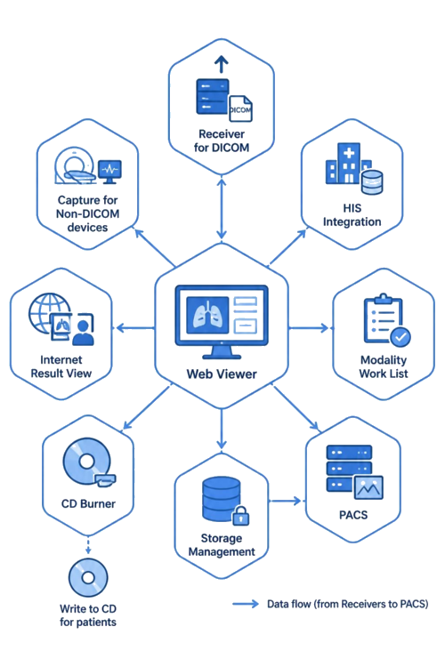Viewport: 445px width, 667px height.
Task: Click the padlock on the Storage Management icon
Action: (x=240, y=516)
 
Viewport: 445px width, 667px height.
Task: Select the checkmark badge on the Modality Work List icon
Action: (x=400, y=338)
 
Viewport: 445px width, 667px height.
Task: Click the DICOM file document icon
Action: (x=240, y=108)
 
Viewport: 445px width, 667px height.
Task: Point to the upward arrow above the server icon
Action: (x=221, y=64)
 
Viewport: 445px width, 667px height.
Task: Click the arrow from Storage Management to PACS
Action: (x=286, y=501)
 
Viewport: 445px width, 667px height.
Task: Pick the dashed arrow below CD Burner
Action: (x=88, y=545)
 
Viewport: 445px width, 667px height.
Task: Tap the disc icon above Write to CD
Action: (x=88, y=578)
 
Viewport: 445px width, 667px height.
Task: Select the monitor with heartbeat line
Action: (x=109, y=172)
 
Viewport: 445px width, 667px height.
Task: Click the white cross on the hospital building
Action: (x=349, y=153)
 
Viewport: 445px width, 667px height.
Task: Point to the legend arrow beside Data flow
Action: (x=246, y=604)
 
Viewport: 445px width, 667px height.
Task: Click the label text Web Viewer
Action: (x=222, y=374)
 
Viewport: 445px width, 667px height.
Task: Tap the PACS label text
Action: (x=353, y=515)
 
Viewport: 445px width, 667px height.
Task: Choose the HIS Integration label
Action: (x=352, y=215)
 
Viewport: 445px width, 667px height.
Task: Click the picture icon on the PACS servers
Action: (x=368, y=487)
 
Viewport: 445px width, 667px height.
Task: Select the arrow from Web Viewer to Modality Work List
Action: (x=309, y=328)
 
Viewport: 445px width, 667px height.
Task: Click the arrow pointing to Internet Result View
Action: (x=135, y=328)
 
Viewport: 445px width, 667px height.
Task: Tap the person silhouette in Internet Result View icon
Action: (x=84, y=332)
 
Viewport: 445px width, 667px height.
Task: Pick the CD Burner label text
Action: (x=88, y=504)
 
